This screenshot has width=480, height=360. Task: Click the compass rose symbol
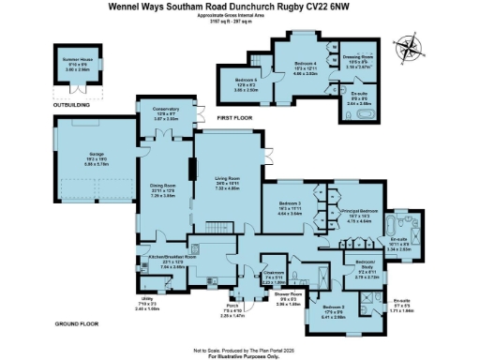pos(409,44)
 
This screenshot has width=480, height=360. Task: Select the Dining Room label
pos(164,194)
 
